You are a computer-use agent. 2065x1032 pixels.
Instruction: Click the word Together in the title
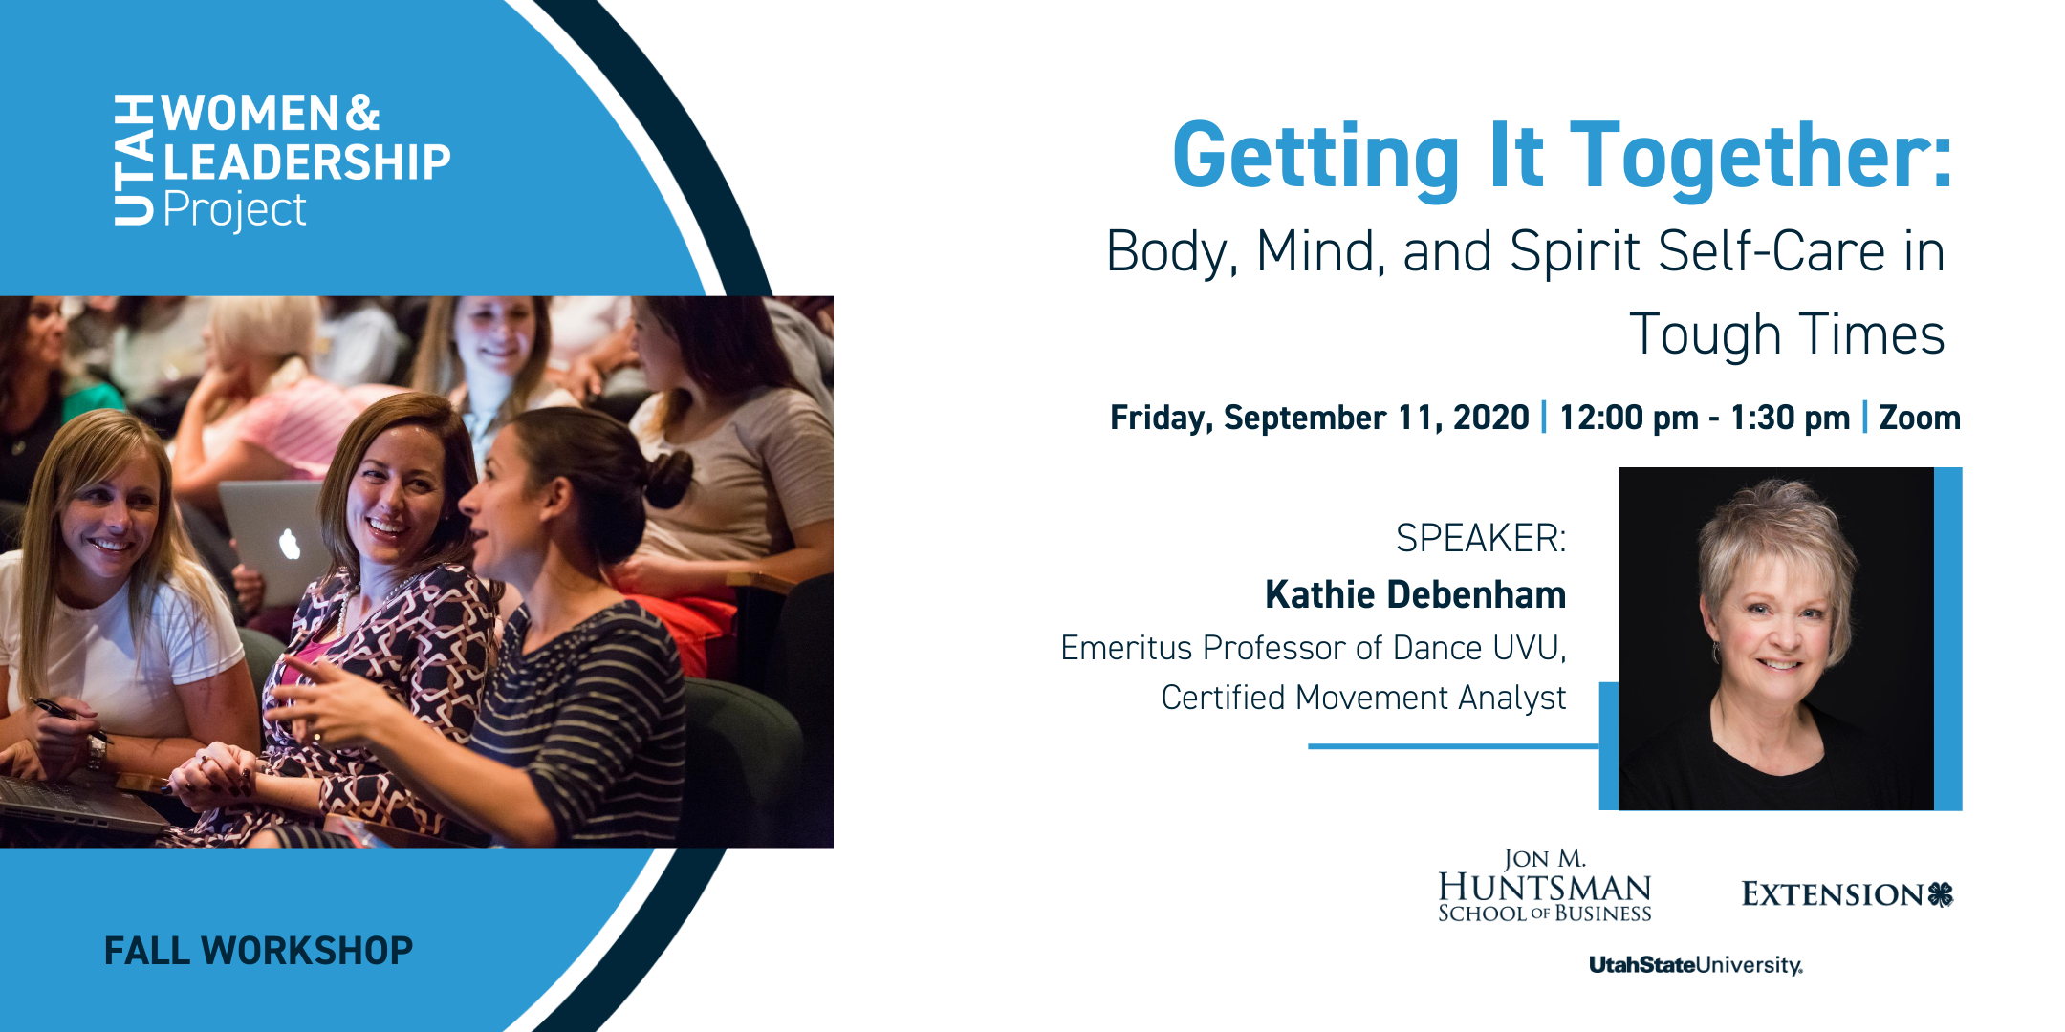1761,157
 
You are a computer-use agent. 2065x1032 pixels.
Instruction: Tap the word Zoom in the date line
1920,418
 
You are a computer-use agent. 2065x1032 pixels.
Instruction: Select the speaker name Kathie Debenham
1415,594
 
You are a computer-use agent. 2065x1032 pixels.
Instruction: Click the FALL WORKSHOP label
258,951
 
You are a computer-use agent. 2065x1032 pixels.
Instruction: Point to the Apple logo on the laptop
290,544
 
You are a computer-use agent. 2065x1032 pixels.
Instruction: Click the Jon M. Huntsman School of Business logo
1545,886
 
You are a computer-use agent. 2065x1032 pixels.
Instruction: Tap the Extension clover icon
1941,894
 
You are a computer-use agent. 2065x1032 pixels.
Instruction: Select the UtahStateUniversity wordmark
1696,965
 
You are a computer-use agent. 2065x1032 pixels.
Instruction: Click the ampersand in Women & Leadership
362,113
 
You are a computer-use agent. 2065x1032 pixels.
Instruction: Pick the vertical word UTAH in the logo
134,161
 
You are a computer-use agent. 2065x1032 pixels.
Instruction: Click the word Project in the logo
235,210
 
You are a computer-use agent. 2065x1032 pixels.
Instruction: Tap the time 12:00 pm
1629,418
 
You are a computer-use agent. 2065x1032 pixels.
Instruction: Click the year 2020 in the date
1491,418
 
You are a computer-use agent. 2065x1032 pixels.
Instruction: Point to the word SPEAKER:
1481,538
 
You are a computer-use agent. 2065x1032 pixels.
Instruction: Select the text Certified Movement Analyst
1363,698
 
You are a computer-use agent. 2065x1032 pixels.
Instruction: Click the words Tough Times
1787,334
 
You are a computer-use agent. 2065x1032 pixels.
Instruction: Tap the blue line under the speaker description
1453,746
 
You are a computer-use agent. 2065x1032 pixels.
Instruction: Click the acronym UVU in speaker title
1530,648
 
